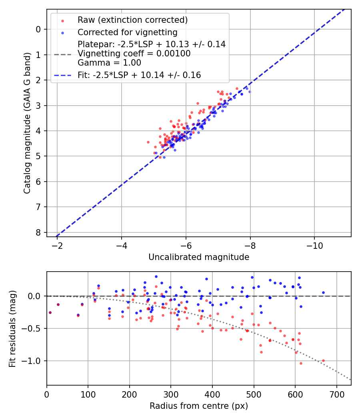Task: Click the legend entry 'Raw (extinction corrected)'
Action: click(132, 20)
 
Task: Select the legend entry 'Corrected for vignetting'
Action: click(127, 32)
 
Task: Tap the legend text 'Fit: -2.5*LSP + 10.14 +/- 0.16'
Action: click(139, 75)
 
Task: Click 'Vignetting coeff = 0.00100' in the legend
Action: click(134, 54)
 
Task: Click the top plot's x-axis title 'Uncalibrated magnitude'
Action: click(199, 257)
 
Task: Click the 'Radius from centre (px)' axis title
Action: click(199, 406)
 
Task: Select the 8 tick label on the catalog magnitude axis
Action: click(38, 232)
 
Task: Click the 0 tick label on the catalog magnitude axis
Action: click(38, 29)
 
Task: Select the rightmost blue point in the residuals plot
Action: click(323, 292)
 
